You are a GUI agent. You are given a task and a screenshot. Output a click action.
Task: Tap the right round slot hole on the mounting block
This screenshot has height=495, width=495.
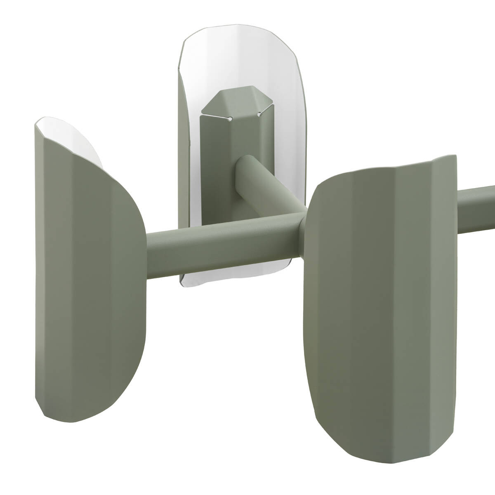tap(259, 114)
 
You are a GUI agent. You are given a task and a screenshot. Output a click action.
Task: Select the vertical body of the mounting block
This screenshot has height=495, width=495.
tap(217, 165)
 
